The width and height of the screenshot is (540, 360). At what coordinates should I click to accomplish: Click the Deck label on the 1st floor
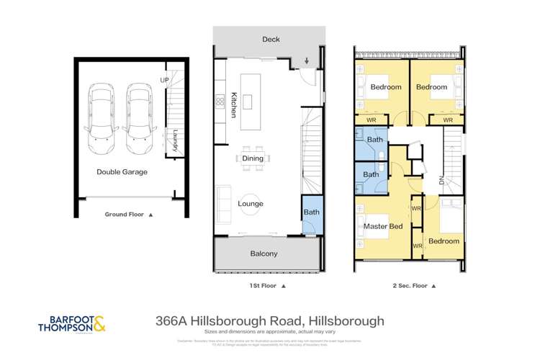[x=271, y=40]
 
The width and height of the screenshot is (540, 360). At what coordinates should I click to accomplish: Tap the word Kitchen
[x=234, y=104]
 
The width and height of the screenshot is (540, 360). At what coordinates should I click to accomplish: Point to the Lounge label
[x=251, y=204]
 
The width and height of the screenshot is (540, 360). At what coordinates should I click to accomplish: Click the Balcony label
[x=264, y=254]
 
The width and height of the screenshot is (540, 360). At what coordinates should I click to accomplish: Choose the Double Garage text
[x=122, y=172]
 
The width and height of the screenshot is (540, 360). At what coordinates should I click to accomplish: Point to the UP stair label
[x=163, y=80]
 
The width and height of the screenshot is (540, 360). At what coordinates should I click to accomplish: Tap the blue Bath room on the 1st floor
[x=310, y=212]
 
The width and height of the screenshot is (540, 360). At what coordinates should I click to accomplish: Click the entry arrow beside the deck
[x=308, y=60]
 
